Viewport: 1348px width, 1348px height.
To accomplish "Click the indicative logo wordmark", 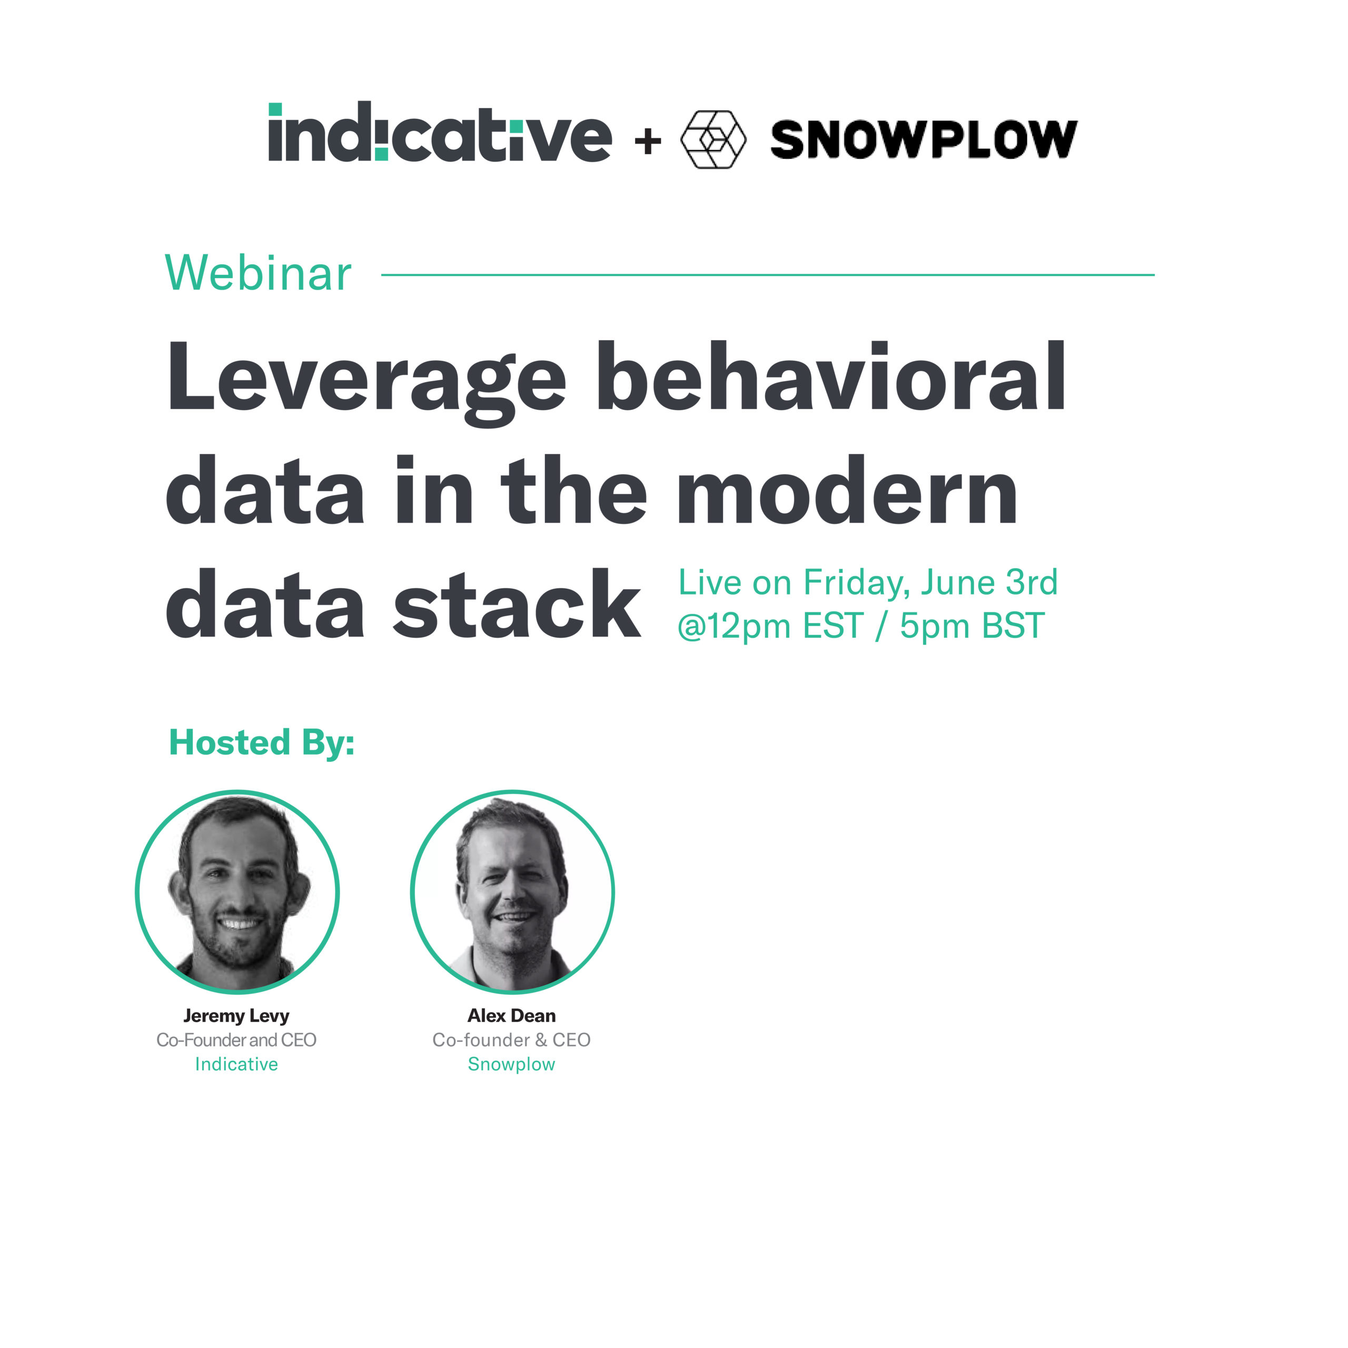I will coord(440,133).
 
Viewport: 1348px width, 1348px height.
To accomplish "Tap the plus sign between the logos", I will coord(648,142).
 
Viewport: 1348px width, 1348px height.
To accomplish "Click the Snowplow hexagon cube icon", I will coord(712,140).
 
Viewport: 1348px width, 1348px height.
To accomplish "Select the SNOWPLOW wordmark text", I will coord(923,140).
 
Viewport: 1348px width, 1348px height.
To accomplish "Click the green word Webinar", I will coord(258,273).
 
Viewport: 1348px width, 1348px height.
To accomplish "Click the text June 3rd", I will coord(989,582).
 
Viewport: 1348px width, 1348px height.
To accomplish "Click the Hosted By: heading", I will coord(262,742).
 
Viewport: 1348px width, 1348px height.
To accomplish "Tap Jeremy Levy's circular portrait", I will coord(237,891).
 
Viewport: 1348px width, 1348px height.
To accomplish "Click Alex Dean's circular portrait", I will coord(512,891).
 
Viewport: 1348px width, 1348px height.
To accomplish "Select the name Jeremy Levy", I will coord(236,1016).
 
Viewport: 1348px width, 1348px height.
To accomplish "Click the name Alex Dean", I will coord(511,1016).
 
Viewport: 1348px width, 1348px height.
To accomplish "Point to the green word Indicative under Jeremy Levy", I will coord(236,1064).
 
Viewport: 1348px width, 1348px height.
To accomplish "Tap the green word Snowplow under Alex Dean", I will coord(511,1064).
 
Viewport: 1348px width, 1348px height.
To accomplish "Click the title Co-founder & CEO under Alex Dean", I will coord(511,1040).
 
